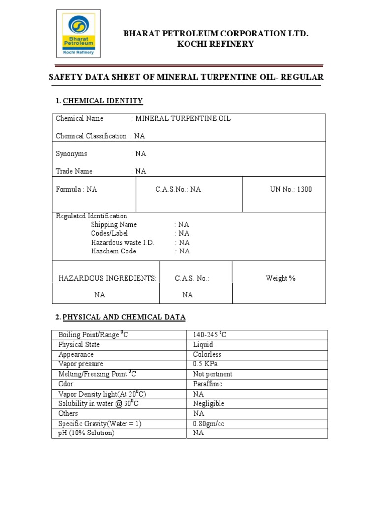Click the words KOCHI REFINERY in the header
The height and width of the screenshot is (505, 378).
(x=216, y=44)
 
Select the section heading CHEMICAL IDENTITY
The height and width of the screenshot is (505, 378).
(x=103, y=101)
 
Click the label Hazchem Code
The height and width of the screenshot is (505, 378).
(x=113, y=252)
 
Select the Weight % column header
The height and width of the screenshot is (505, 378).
(x=281, y=278)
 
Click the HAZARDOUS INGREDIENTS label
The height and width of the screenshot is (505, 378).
(x=107, y=278)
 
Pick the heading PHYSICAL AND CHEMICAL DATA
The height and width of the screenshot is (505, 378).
(x=124, y=317)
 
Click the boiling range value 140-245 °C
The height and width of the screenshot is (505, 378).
(x=210, y=335)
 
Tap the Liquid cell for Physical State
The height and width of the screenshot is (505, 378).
(x=203, y=345)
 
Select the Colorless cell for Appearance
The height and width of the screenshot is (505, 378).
(x=207, y=355)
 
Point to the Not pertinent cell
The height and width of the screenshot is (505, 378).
(x=213, y=374)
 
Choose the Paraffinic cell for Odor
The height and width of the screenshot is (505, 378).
(x=208, y=384)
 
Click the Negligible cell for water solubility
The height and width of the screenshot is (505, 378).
(x=209, y=403)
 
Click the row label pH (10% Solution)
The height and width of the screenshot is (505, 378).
(x=86, y=433)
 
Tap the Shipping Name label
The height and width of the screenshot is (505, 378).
(x=114, y=225)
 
